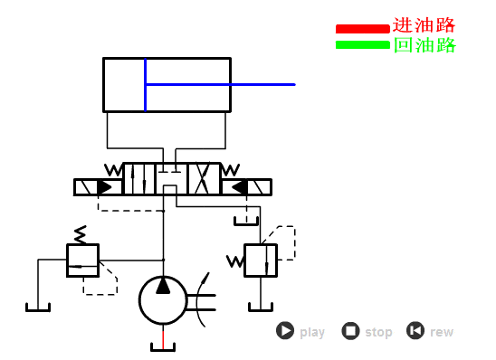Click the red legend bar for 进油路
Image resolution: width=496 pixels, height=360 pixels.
(362, 29)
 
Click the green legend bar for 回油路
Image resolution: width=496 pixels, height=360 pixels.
(362, 45)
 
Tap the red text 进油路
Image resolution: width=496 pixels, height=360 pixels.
(424, 25)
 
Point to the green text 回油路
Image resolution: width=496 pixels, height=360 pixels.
(424, 45)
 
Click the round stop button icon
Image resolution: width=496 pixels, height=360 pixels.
(350, 331)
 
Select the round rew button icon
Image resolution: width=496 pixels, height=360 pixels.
(415, 331)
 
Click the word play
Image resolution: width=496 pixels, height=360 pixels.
(312, 333)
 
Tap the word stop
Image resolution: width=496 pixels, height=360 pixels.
(378, 333)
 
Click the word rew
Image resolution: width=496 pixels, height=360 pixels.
(442, 333)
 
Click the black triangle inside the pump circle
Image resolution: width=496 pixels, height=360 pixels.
(163, 286)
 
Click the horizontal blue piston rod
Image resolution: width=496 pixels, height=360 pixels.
(220, 84)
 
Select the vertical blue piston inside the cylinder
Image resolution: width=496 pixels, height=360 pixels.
(145, 84)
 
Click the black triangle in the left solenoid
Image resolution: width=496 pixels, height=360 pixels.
(106, 187)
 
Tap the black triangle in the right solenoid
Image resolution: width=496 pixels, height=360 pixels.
(239, 187)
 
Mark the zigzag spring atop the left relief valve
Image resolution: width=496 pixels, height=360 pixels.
(81, 234)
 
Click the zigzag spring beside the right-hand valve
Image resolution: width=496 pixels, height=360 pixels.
(234, 261)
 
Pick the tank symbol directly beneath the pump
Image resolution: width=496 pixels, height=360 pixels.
(163, 346)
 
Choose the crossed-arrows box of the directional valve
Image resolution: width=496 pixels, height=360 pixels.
(204, 178)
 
